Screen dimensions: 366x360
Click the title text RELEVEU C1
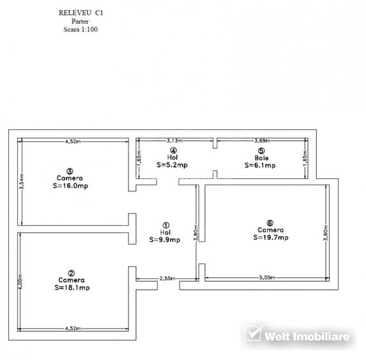(x=80, y=13)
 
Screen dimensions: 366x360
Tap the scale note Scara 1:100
(x=80, y=29)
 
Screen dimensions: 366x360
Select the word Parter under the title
(x=80, y=21)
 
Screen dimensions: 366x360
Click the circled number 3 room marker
(x=70, y=171)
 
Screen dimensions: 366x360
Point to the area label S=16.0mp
(x=70, y=186)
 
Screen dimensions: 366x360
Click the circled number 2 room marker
(x=71, y=273)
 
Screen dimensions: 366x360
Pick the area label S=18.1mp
(x=72, y=288)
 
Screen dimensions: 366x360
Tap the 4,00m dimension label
(x=20, y=282)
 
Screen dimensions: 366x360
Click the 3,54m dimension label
(x=22, y=182)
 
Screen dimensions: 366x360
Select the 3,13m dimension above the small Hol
(x=174, y=141)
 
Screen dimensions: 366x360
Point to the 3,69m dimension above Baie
(x=263, y=141)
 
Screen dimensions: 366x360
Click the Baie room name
(x=261, y=158)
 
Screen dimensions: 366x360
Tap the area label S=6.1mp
(x=260, y=166)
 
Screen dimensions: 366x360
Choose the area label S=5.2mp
(x=172, y=165)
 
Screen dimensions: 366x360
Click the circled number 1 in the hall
(x=165, y=225)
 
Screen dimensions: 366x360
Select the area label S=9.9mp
(x=165, y=240)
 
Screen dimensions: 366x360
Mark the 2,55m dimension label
(x=167, y=278)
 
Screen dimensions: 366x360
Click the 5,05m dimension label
(x=267, y=278)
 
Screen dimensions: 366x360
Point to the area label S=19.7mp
(x=271, y=237)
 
